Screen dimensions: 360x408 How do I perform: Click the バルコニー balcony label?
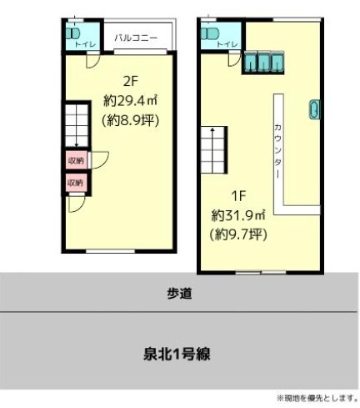click(x=136, y=38)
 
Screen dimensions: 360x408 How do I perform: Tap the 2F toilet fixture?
click(x=72, y=34)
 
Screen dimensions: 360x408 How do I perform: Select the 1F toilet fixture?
click(x=210, y=34)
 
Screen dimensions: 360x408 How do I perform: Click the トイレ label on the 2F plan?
click(x=85, y=44)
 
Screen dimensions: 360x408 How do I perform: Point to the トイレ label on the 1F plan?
click(x=227, y=44)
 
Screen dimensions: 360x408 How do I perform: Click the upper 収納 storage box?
click(x=76, y=160)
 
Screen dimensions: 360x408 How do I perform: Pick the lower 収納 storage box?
click(x=76, y=183)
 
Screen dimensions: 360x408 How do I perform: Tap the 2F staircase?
click(x=77, y=125)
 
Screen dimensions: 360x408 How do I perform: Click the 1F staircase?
click(x=212, y=150)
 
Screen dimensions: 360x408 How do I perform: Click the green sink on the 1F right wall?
click(x=315, y=109)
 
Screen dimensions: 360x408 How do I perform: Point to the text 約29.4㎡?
click(x=131, y=101)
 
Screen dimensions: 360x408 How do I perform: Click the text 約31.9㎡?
click(x=238, y=215)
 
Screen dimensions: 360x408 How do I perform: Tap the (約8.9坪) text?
click(x=131, y=121)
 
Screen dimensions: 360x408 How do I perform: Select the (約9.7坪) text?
click(x=238, y=235)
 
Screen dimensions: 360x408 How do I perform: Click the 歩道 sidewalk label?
click(x=179, y=294)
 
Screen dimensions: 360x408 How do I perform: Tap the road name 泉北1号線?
click(x=177, y=354)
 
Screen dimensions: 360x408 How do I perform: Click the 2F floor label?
click(x=131, y=81)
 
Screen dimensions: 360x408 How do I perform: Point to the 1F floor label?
click(x=238, y=196)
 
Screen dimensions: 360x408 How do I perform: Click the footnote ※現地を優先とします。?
click(x=317, y=398)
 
